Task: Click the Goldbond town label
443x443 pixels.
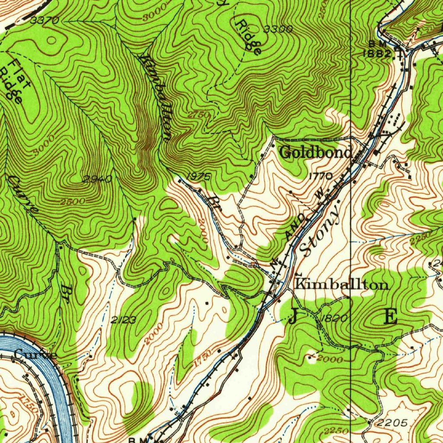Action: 315,152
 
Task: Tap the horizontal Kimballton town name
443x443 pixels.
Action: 341,285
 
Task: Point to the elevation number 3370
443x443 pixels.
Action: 45,20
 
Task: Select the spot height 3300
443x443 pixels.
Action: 278,29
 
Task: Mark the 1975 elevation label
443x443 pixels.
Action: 199,176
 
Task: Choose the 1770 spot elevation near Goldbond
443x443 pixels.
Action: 321,176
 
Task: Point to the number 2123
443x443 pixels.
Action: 123,320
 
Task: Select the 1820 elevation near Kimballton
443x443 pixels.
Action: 334,318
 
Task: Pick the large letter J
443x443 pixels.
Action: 293,318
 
